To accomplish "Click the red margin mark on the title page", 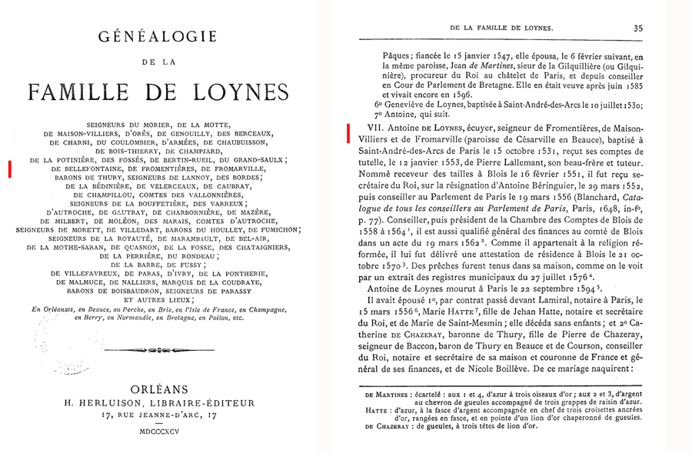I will coord(9,169).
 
